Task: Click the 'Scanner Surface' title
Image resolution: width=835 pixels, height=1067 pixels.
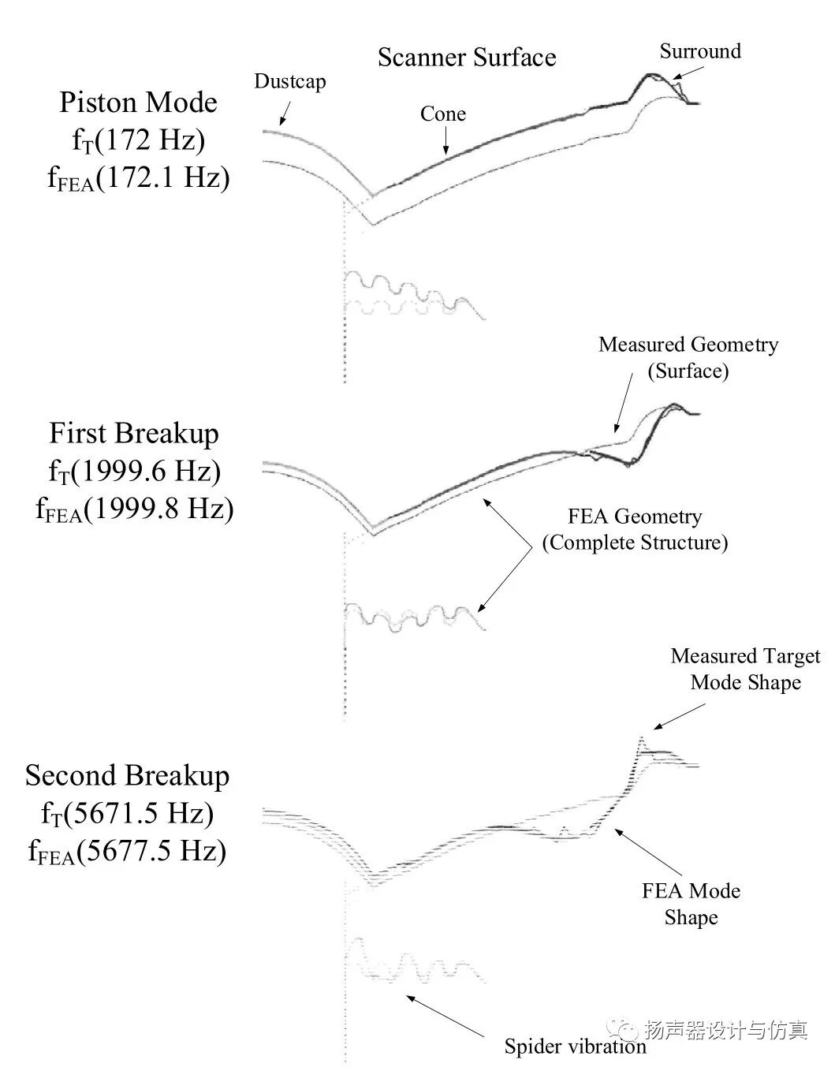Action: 466,58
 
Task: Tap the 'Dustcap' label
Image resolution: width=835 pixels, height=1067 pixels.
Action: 289,81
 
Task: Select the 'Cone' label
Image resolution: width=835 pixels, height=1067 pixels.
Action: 442,114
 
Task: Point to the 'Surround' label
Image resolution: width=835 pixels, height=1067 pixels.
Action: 700,52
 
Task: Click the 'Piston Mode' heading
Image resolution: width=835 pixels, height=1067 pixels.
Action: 138,103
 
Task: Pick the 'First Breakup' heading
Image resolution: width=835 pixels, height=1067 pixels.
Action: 134,434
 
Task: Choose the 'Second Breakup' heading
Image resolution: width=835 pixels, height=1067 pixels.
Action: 127,776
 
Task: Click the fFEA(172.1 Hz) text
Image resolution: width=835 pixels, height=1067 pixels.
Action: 138,178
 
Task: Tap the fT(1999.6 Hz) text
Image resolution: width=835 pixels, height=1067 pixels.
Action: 134,472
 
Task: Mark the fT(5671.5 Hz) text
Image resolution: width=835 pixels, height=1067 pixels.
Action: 127,814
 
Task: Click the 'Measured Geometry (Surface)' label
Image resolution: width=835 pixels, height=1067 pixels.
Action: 688,358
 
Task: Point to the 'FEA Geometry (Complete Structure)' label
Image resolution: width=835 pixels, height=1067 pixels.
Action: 635,530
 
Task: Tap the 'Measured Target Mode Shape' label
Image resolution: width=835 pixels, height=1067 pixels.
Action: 745,670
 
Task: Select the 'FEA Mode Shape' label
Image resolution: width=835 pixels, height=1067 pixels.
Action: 691,904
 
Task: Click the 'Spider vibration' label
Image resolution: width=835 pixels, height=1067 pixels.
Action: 575,1046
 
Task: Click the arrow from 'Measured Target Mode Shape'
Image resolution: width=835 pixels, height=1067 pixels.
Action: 680,717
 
